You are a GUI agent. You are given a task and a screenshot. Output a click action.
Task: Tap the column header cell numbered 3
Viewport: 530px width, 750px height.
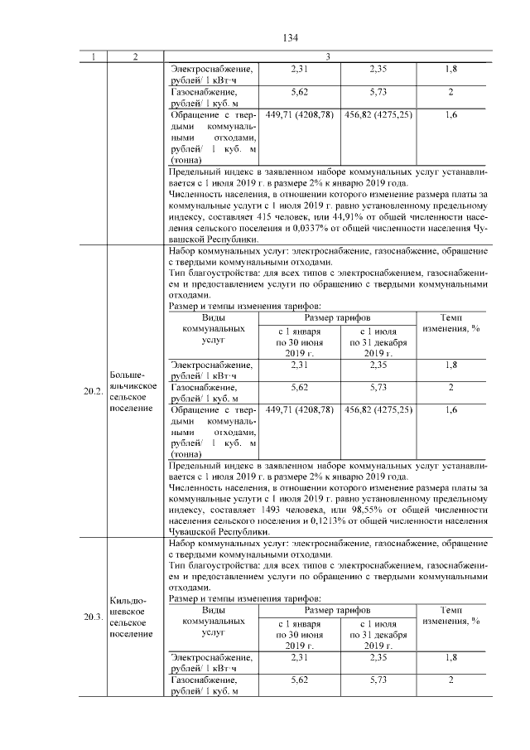click(327, 57)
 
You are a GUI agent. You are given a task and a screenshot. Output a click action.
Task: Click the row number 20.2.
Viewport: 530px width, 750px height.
click(93, 392)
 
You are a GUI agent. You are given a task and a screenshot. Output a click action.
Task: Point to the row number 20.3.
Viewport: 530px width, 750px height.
click(93, 617)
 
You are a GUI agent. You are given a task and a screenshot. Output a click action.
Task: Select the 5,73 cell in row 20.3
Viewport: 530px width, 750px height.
click(378, 680)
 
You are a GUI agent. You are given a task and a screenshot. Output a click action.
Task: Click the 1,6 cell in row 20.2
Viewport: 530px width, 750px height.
click(450, 409)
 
